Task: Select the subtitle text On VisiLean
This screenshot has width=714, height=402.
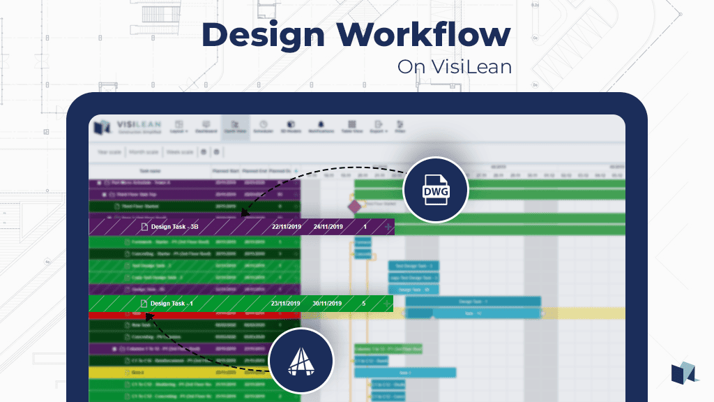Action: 454,67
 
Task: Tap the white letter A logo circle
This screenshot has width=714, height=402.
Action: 301,362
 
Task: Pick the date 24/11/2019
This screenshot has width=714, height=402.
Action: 328,227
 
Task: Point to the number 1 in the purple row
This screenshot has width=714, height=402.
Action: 365,227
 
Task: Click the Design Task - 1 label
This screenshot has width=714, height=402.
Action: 172,304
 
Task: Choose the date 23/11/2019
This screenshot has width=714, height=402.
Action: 285,304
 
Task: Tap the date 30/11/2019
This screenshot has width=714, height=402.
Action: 327,304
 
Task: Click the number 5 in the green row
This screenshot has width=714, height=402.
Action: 364,304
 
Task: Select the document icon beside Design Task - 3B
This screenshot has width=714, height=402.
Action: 145,227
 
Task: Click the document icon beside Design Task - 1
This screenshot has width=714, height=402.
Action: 144,304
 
